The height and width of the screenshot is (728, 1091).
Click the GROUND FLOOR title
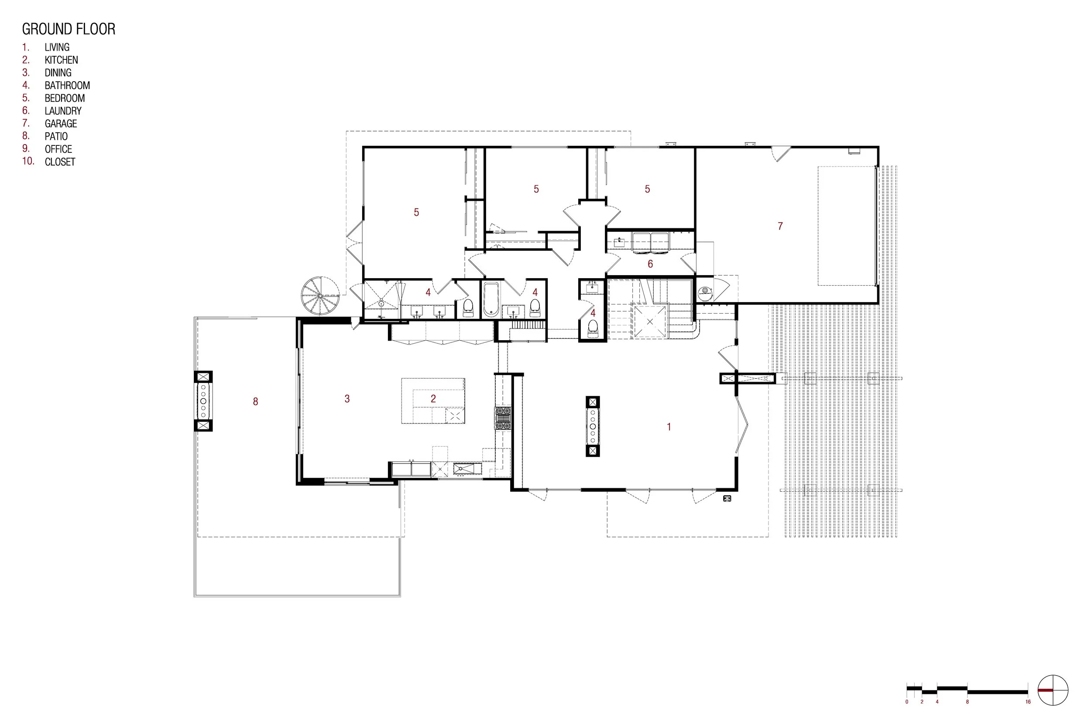69,29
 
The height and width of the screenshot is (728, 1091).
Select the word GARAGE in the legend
61,124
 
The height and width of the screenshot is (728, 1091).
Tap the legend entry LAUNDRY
63,111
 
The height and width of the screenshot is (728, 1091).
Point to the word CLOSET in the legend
60,162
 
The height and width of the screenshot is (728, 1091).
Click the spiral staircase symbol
319,295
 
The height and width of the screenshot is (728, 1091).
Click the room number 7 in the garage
780,226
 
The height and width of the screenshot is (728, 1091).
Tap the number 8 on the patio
256,402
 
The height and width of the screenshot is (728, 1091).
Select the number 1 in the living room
669,427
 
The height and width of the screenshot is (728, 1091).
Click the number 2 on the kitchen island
433,398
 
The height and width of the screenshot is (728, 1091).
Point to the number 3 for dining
347,398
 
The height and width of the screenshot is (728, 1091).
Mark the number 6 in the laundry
650,264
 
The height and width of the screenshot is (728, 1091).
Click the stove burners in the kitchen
503,418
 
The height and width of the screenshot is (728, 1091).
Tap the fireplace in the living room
593,426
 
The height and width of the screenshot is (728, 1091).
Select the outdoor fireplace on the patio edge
203,401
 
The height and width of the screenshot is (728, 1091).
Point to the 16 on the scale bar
1028,701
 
